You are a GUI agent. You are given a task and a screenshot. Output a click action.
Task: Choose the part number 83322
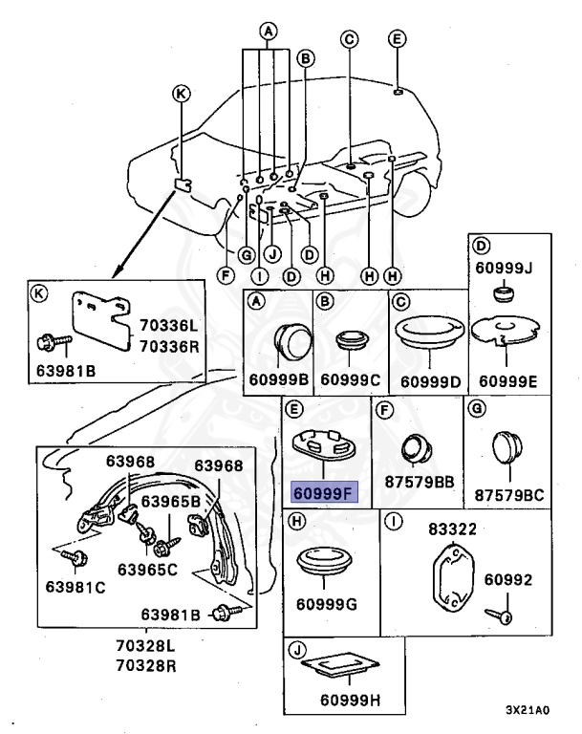[451, 528]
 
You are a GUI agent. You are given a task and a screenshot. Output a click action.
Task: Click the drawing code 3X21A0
[528, 710]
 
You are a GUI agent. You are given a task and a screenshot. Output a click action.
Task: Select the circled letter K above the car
[181, 93]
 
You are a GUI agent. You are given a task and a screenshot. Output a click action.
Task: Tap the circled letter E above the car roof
[398, 39]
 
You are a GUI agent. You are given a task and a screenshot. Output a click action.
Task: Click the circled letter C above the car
[350, 39]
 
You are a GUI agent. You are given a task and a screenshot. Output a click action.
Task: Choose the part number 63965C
[147, 570]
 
